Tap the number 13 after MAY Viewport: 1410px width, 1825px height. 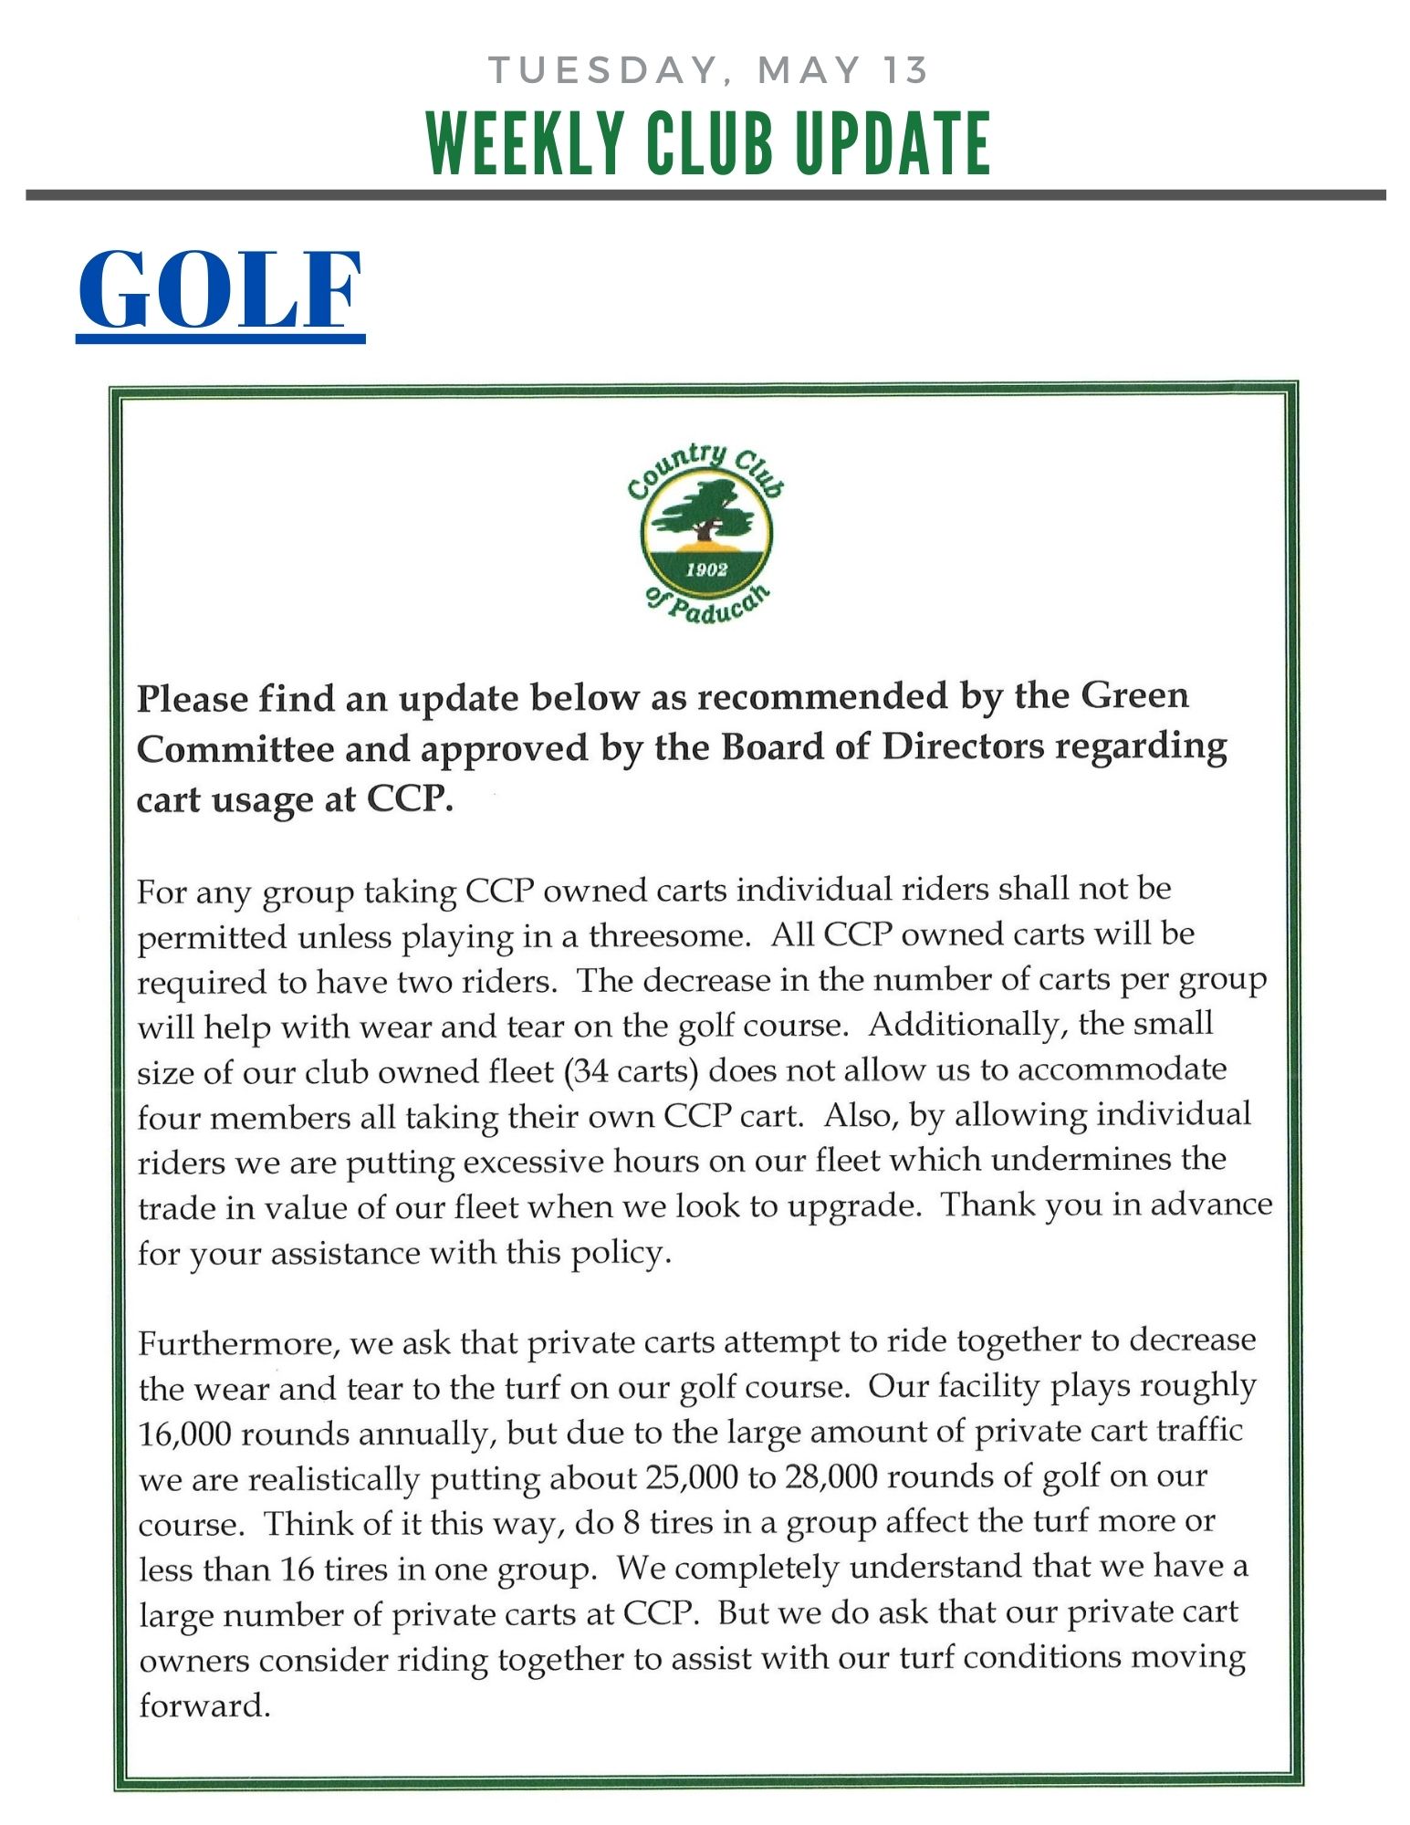click(903, 70)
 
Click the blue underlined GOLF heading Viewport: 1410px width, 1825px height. click(221, 290)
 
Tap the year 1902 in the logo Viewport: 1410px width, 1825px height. click(706, 570)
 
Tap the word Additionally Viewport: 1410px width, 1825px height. click(967, 1025)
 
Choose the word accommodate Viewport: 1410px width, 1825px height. click(1122, 1069)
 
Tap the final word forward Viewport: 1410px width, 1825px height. click(204, 1705)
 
